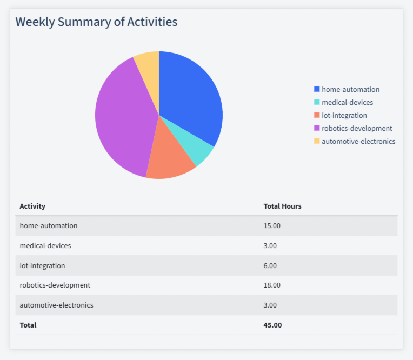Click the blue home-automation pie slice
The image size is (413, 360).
(x=189, y=97)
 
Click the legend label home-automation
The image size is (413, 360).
(x=350, y=89)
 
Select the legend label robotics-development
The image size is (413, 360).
(x=357, y=128)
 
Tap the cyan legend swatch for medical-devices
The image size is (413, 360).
(x=317, y=102)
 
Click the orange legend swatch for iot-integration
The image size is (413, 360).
(x=317, y=115)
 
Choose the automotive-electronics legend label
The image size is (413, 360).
(x=358, y=141)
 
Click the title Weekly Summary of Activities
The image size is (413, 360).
(x=96, y=22)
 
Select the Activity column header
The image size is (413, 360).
(x=32, y=206)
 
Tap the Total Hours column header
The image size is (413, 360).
(x=282, y=206)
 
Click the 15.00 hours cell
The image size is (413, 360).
(x=272, y=225)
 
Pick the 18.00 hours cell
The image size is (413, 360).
(x=272, y=285)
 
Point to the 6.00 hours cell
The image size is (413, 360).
(x=270, y=265)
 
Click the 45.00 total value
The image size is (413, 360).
(x=272, y=325)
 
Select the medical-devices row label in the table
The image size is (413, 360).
(x=45, y=245)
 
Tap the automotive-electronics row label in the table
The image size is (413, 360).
(x=56, y=305)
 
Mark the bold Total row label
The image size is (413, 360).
(x=28, y=325)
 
